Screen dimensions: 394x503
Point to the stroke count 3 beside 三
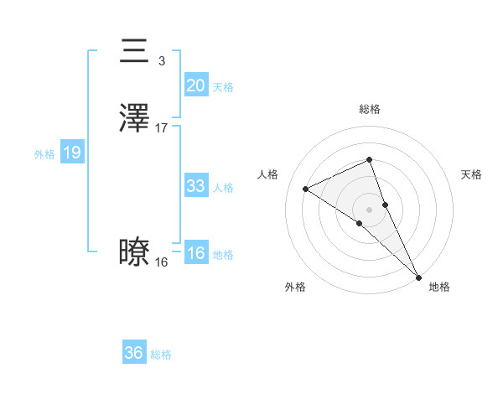coord(161,61)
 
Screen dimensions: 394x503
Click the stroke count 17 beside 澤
coord(162,128)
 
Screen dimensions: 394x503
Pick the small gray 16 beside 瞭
coord(161,262)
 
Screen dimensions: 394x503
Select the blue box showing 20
coord(195,86)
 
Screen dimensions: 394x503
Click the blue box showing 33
coord(195,186)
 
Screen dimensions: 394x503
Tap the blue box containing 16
coord(195,253)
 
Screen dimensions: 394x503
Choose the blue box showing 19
coord(72,153)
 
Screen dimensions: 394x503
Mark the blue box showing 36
coord(134,353)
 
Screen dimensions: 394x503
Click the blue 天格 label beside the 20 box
coord(223,87)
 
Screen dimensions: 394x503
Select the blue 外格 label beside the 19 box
coord(44,154)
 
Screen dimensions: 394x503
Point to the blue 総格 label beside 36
coord(162,355)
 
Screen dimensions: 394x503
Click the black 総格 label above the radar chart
coord(369,109)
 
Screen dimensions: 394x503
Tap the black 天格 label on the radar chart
coord(472,174)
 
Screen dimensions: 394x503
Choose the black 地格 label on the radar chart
coord(439,288)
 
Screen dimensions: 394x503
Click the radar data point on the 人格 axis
coord(306,189)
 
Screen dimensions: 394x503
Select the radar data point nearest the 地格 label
coord(417,276)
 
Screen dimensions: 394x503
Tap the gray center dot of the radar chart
coord(369,209)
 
